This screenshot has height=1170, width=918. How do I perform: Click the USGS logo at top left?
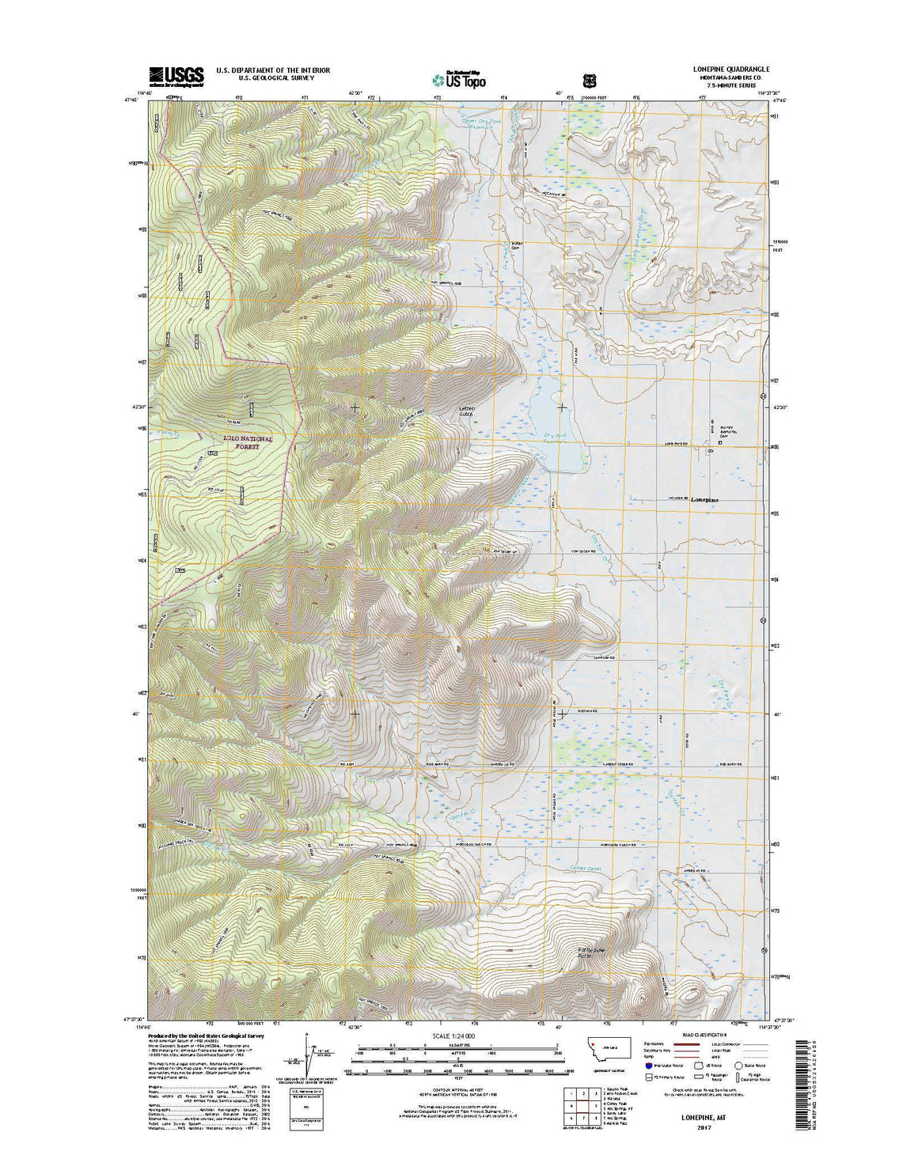[176, 75]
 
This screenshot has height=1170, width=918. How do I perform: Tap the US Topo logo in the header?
[460, 78]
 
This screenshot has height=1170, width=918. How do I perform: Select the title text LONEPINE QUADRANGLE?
[726, 70]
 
